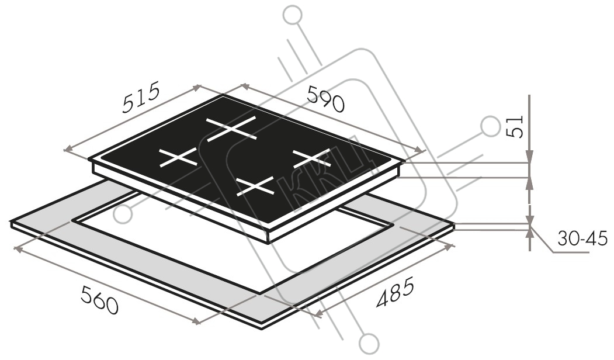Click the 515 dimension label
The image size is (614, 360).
coord(141,97)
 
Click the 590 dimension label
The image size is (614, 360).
coord(326,98)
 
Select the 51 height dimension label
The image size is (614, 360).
coord(515,126)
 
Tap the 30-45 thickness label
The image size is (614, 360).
coord(582,238)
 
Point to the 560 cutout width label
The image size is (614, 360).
coord(99,299)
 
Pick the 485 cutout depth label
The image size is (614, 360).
coord(395,292)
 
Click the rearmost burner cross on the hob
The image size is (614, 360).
coord(231,129)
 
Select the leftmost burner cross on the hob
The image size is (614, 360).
coord(178,157)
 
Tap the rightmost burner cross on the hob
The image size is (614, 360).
coord(312,159)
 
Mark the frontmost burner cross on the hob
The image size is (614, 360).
coord(255,186)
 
